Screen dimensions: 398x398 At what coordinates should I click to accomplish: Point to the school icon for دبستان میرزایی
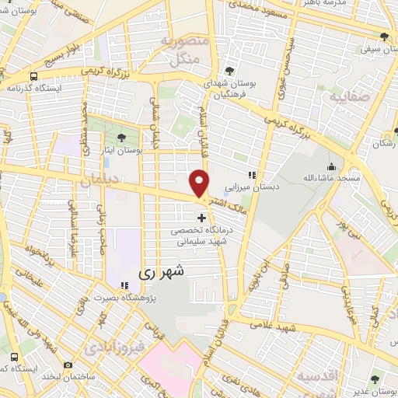(x=252, y=176)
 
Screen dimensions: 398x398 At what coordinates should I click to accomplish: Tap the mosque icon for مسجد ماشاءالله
(x=332, y=166)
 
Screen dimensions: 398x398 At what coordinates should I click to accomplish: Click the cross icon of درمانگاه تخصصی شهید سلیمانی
(x=202, y=218)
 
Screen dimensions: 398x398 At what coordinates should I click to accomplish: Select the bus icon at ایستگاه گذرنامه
(x=33, y=76)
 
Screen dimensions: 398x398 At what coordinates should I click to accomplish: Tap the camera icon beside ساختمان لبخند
(x=68, y=365)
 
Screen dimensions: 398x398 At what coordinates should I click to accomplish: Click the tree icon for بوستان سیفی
(x=384, y=37)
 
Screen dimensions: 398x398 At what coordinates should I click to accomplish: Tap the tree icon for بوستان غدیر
(x=375, y=379)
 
